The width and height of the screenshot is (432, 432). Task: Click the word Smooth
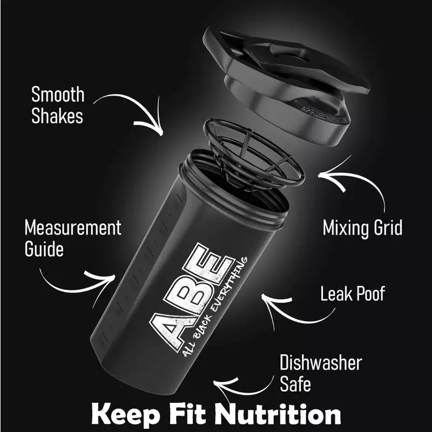(58, 94)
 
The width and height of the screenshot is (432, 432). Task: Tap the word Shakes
(57, 116)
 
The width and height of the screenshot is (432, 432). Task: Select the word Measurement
(73, 228)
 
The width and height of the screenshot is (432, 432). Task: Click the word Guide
(44, 249)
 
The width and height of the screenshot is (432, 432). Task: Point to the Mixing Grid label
(362, 228)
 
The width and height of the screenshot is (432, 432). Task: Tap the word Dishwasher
(321, 362)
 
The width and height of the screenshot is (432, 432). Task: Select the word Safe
(295, 383)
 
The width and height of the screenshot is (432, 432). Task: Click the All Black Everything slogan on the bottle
(215, 307)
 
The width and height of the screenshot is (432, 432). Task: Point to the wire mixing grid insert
(253, 154)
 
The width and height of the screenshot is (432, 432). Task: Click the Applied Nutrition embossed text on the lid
(323, 115)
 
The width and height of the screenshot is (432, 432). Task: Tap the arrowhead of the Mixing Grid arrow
(329, 177)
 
